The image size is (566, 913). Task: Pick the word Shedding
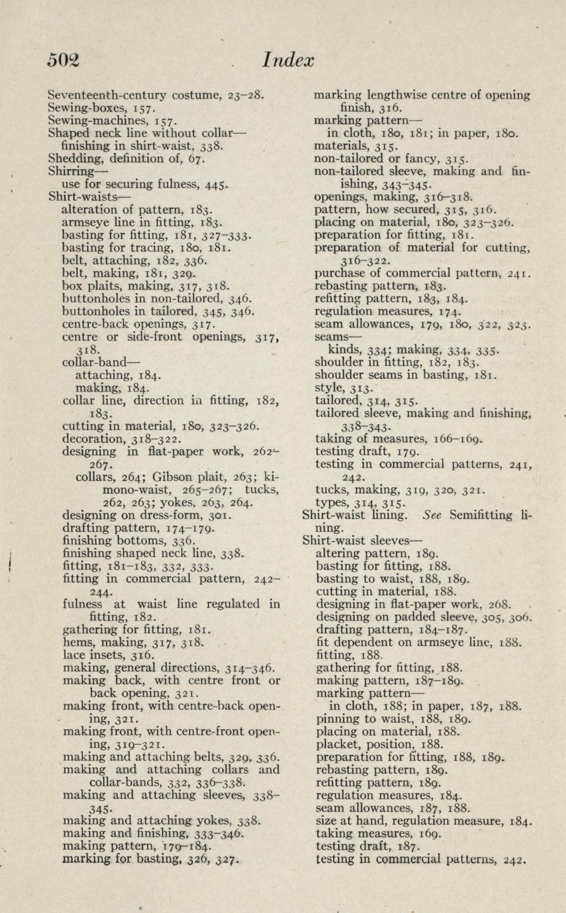(x=73, y=159)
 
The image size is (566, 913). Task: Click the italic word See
(x=432, y=515)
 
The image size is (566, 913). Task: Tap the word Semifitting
(x=480, y=515)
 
